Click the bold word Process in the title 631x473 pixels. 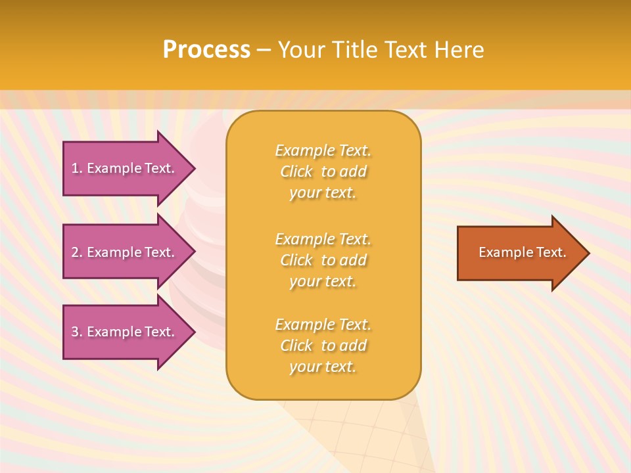(x=206, y=50)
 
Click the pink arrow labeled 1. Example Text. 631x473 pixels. (x=125, y=168)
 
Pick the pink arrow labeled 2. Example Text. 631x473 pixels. (x=125, y=252)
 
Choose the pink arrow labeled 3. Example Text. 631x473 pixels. (x=125, y=332)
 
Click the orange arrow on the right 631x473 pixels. (x=519, y=253)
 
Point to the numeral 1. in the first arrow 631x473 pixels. (x=77, y=168)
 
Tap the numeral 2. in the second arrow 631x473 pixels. (x=77, y=252)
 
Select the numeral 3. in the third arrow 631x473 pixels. (x=77, y=332)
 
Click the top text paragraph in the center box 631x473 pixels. (x=323, y=171)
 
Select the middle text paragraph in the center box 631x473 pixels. (x=323, y=260)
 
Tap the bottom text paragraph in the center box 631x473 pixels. (x=323, y=346)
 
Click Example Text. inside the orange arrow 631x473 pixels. (x=522, y=252)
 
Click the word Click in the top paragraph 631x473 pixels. (x=296, y=171)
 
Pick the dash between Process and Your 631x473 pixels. (x=264, y=50)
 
